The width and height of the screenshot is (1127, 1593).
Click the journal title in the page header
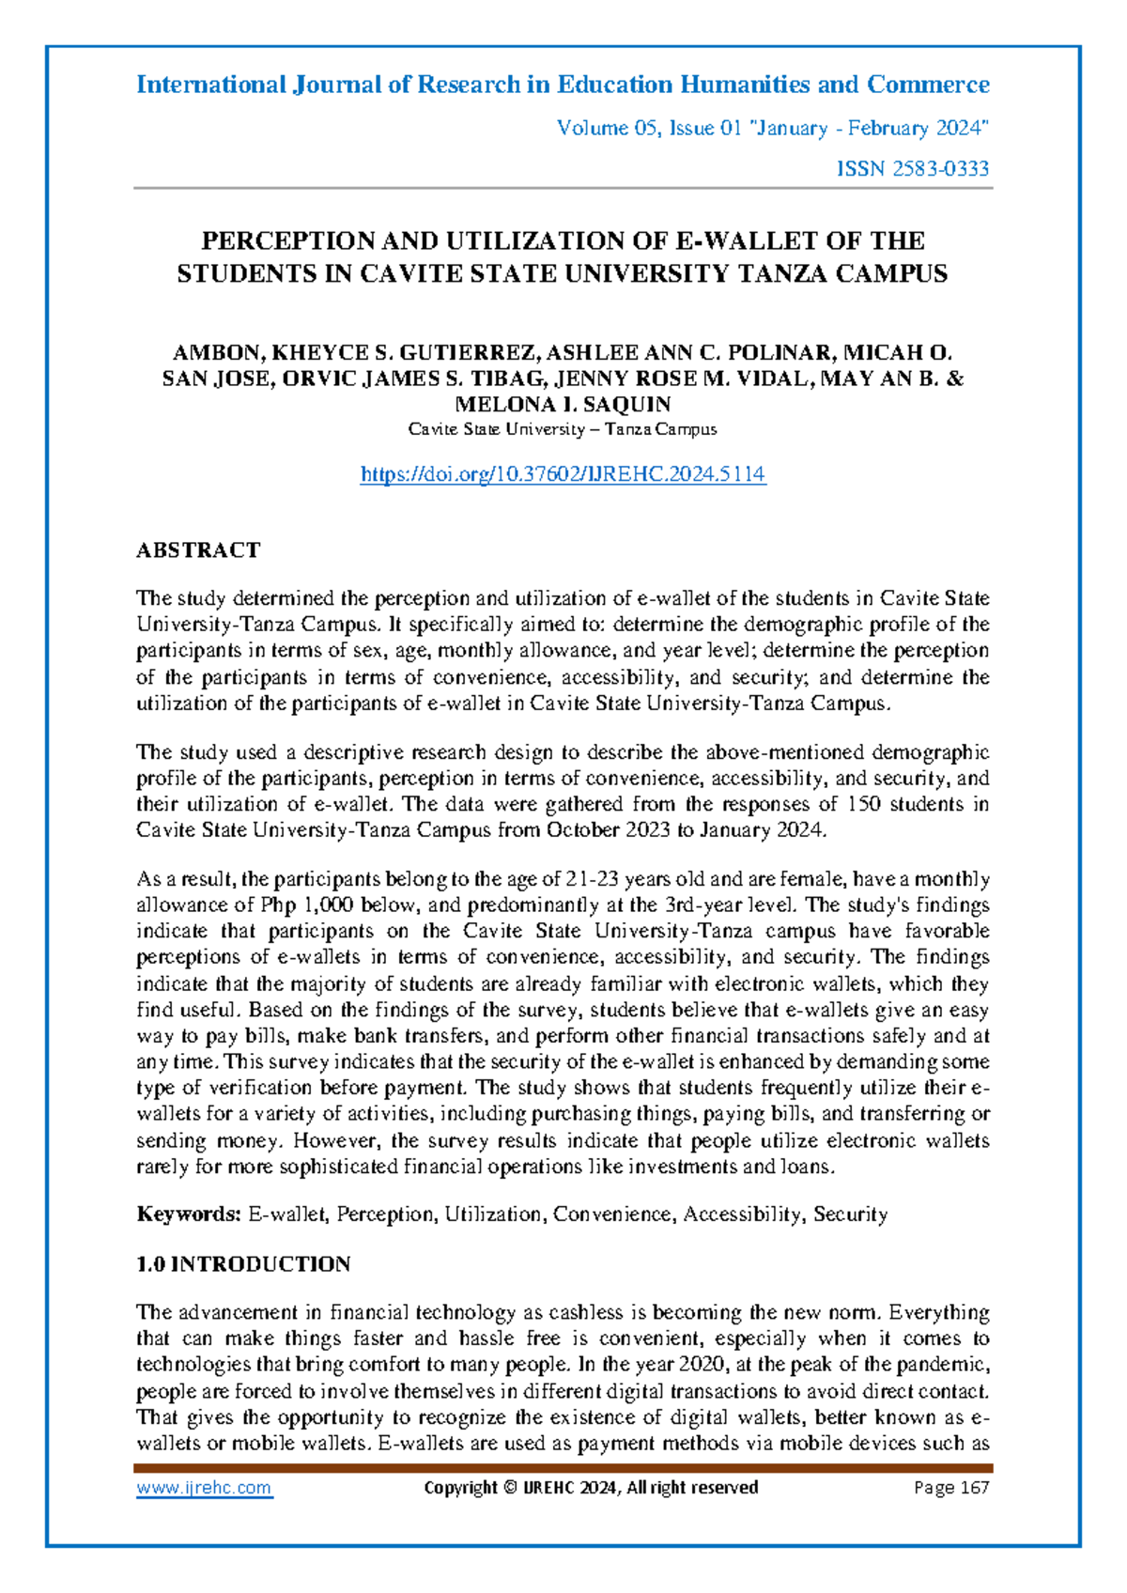pyautogui.click(x=563, y=85)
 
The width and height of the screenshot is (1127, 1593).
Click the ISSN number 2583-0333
pyautogui.click(x=913, y=169)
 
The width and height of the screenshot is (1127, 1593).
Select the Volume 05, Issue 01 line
pyautogui.click(x=772, y=128)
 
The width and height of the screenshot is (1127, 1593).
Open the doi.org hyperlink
pyautogui.click(x=563, y=474)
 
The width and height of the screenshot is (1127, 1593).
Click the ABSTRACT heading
pyautogui.click(x=198, y=550)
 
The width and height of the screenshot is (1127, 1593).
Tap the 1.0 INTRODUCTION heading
pyautogui.click(x=243, y=1264)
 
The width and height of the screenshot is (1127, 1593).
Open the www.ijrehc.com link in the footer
pyautogui.click(x=204, y=1488)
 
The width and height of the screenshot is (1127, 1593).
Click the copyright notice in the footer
pyautogui.click(x=591, y=1488)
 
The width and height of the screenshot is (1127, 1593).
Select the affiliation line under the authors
pyautogui.click(x=563, y=429)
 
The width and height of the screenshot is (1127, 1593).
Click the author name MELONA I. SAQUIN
pyautogui.click(x=563, y=405)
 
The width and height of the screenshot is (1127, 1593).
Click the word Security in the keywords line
pyautogui.click(x=850, y=1214)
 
